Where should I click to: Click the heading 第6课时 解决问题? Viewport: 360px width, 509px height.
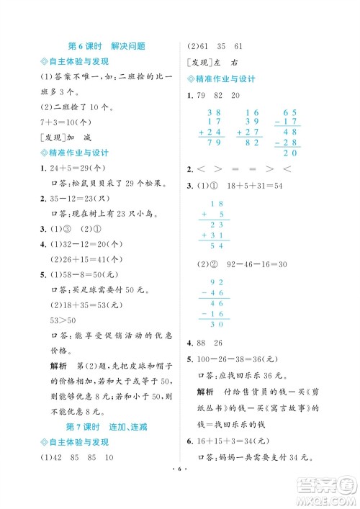point(106,46)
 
